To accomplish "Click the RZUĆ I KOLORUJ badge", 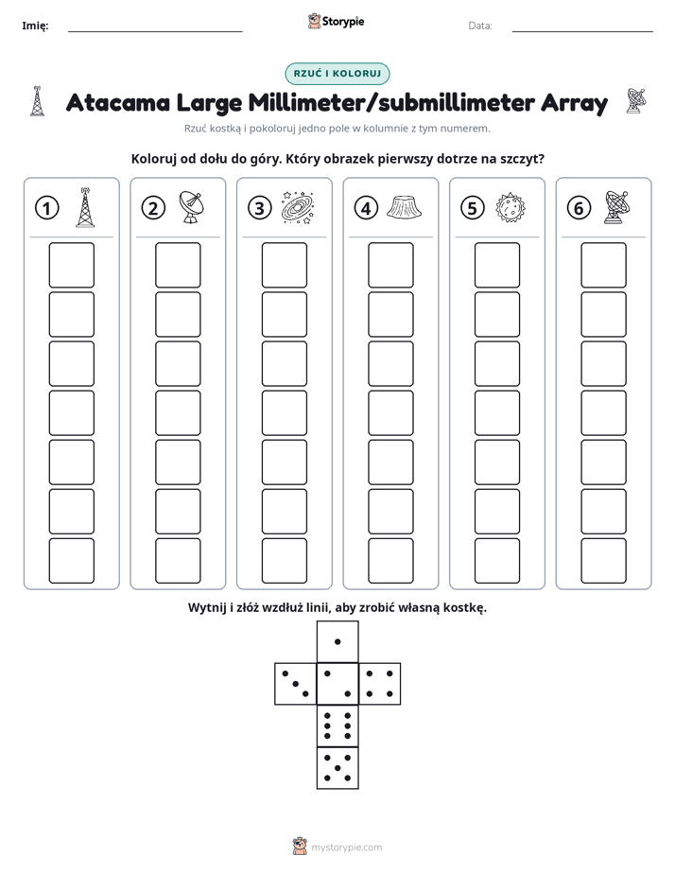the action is point(337,74).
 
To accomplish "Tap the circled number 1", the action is point(46,208).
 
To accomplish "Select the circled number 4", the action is point(366,208).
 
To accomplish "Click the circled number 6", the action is point(579,208).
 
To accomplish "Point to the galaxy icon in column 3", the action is point(298,208).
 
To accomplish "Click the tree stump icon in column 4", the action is point(404,207).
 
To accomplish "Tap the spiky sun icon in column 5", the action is point(511,208).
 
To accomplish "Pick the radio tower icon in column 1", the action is point(85,207).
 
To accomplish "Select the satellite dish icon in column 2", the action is point(191,207).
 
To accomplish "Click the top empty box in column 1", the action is point(71,265).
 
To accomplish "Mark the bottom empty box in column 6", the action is point(604,561).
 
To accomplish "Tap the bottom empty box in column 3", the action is point(284,561).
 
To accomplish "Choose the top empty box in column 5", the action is point(497,265).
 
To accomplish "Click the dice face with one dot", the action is point(337,642).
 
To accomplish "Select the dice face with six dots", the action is point(337,725).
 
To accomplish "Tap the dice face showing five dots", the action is point(337,767).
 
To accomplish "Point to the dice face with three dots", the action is point(296,684).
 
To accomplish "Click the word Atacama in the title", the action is point(118,102).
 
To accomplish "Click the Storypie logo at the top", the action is point(336,22).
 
